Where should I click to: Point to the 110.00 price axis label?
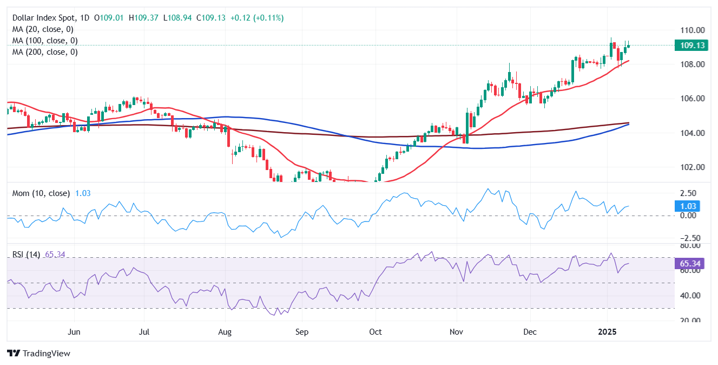coord(693,30)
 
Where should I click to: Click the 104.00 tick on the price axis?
coord(693,133)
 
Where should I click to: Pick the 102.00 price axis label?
coord(693,167)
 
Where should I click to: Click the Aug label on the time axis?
coord(225,331)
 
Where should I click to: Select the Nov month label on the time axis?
coord(457,331)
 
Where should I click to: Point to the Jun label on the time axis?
coord(75,331)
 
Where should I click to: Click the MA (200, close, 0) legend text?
coord(45,52)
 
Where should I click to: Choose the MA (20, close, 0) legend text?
coord(43,29)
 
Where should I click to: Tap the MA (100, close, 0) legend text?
coord(45,41)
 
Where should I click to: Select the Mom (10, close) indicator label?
coord(41,193)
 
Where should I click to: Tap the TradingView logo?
coord(39,353)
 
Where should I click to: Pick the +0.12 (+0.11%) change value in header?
coord(256,18)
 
